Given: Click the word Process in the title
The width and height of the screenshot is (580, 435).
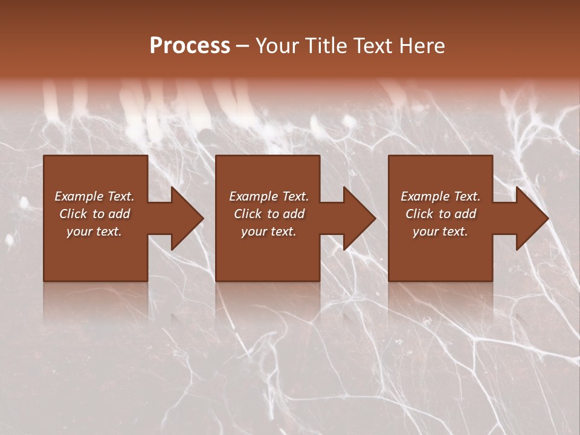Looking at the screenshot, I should click(x=190, y=46).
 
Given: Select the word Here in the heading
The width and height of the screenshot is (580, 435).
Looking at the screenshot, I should click(x=420, y=46).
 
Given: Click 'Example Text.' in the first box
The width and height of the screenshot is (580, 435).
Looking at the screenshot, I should click(x=94, y=196).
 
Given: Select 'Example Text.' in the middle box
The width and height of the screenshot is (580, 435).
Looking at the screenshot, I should click(x=269, y=196).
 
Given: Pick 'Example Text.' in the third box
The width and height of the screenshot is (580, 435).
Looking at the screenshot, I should click(x=440, y=196).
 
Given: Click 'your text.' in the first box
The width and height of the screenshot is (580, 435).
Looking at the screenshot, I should click(x=94, y=231).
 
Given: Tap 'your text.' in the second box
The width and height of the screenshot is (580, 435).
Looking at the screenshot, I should click(x=269, y=231).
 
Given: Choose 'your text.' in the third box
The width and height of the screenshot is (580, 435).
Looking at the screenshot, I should click(x=440, y=231).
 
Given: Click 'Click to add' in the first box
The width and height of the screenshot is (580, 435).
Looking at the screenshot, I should click(x=94, y=214).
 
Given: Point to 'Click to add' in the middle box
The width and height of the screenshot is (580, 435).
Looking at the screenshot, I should click(x=269, y=214).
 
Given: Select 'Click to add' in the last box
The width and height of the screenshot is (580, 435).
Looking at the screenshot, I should click(x=440, y=214).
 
